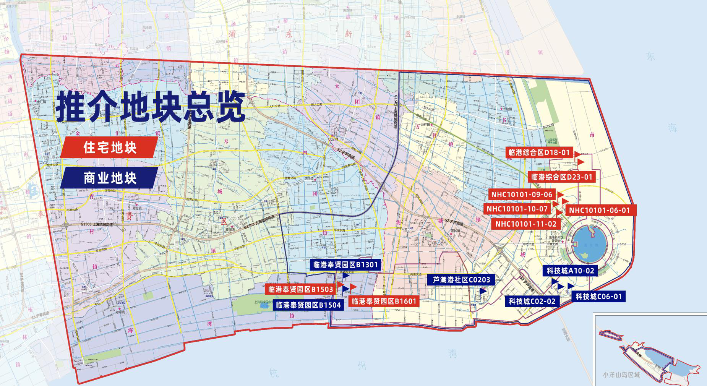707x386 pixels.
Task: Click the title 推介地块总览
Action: click(x=151, y=107)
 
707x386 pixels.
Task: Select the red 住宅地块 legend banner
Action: click(x=110, y=148)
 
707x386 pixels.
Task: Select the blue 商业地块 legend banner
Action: click(x=110, y=178)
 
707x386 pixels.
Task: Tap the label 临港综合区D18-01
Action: click(x=539, y=152)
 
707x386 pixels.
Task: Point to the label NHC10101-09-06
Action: click(x=522, y=195)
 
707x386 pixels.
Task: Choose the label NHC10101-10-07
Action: click(x=517, y=209)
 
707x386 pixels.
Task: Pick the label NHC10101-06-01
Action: click(x=599, y=210)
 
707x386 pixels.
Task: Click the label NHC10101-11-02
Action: click(x=526, y=224)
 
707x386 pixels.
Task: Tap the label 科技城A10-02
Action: click(x=570, y=271)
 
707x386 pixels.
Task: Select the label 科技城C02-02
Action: click(x=532, y=301)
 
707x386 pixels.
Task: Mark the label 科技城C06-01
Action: click(x=598, y=296)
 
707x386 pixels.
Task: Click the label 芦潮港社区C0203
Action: click(x=461, y=280)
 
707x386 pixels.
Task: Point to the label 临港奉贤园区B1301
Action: click(x=345, y=264)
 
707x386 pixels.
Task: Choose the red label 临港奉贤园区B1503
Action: click(x=300, y=289)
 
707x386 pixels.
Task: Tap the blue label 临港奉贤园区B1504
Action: click(x=308, y=305)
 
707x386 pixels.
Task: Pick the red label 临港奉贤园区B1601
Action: click(x=384, y=301)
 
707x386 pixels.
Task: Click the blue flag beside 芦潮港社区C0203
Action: click(x=483, y=291)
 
